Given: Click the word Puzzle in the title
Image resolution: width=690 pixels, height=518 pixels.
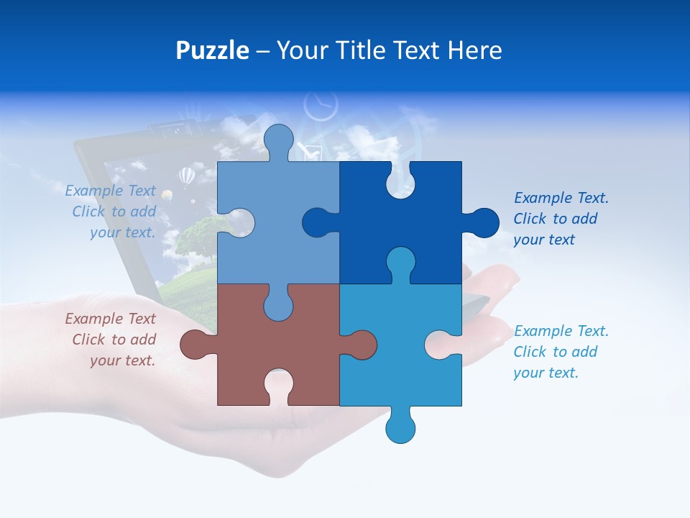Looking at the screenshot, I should coord(212,50).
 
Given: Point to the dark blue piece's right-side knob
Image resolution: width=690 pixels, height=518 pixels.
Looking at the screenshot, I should coord(483,223).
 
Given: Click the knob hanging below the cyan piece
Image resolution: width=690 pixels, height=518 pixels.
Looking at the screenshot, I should coord(400,428).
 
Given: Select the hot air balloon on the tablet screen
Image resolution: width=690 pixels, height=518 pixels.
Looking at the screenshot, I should coord(186,176).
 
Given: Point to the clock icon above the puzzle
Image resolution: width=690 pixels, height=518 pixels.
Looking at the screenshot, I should coord(320,106).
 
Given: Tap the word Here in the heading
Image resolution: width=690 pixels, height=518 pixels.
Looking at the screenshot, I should coord(475,50).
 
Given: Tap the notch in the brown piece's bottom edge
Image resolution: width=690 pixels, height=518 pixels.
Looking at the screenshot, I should coord(278,385).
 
